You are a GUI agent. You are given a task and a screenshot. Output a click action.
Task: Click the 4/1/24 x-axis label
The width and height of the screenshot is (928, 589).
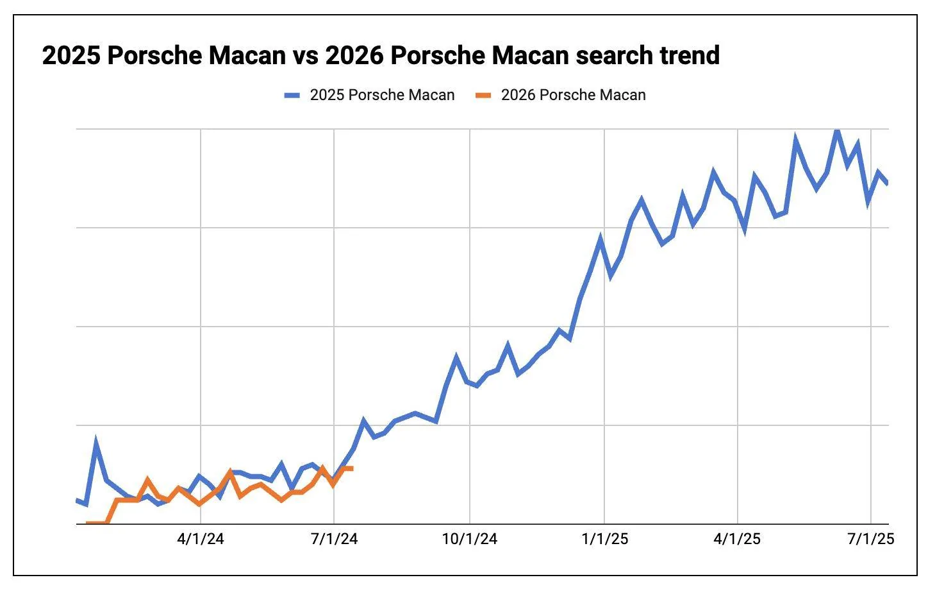coord(201,539)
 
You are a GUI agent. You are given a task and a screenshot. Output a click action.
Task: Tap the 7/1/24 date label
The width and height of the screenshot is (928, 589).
coord(334,539)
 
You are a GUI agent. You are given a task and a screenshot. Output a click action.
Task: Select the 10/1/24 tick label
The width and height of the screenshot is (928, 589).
coord(470,539)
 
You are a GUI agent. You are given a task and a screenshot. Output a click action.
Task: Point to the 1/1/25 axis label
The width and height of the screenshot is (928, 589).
coord(605,539)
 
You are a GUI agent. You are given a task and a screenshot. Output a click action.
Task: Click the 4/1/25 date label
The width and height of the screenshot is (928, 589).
coord(738,539)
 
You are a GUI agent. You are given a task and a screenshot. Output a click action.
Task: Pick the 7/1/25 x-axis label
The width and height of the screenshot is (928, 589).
coord(870,539)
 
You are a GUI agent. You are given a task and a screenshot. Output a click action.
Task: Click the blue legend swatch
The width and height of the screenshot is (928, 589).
coord(292,96)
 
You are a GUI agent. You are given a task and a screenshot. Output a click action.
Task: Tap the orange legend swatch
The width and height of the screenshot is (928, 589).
coord(483,96)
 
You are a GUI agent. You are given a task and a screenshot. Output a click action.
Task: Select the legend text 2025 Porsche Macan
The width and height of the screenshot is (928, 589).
coord(382,96)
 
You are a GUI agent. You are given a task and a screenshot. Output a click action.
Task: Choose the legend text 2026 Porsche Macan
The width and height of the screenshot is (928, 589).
coord(573,96)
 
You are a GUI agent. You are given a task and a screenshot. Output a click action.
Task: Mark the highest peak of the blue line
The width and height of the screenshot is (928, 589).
coord(836,130)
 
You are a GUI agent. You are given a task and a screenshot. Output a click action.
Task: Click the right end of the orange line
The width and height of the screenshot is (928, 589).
coord(352,468)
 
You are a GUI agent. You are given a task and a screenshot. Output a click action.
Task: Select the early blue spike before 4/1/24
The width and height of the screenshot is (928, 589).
coord(96,442)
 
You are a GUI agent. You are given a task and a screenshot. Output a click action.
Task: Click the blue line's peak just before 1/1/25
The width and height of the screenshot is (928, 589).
coord(601,238)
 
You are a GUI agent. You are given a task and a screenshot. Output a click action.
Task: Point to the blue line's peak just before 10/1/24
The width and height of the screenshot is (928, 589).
coord(456,357)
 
